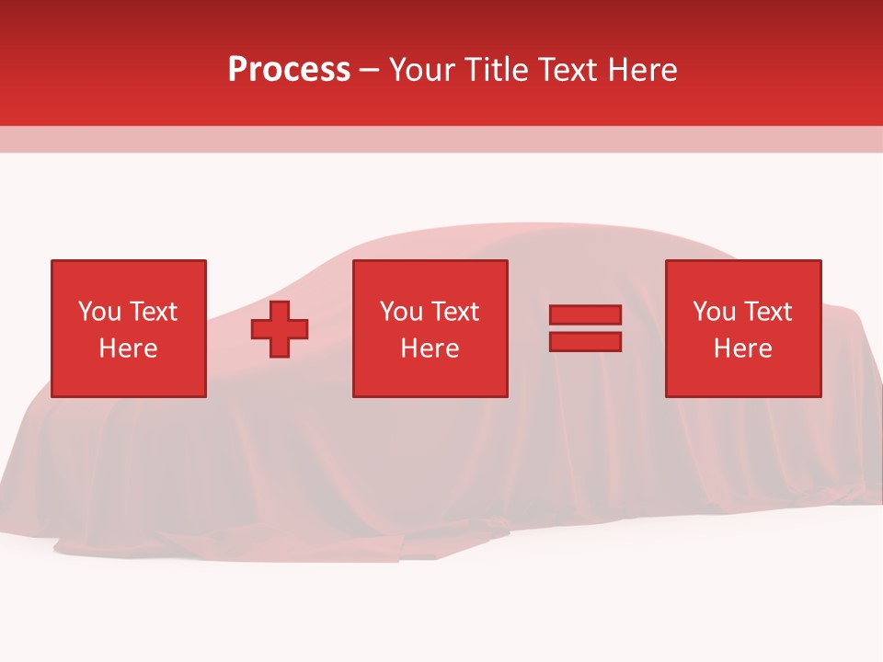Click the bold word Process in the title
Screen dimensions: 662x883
coord(289,70)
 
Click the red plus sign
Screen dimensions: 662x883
coord(280,329)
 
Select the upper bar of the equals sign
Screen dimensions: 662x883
coord(585,315)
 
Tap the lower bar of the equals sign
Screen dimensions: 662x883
coord(585,342)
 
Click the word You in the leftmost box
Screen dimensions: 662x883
coord(99,312)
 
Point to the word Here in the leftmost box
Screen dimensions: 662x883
coord(128,348)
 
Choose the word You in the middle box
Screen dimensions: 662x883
coord(401,312)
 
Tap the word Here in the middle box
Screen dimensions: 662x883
coord(430,348)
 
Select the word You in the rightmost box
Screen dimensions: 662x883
coord(714,312)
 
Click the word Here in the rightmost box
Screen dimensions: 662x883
coord(743,348)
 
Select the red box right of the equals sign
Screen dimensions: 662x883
coord(743,377)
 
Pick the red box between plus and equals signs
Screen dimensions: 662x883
coord(430,377)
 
